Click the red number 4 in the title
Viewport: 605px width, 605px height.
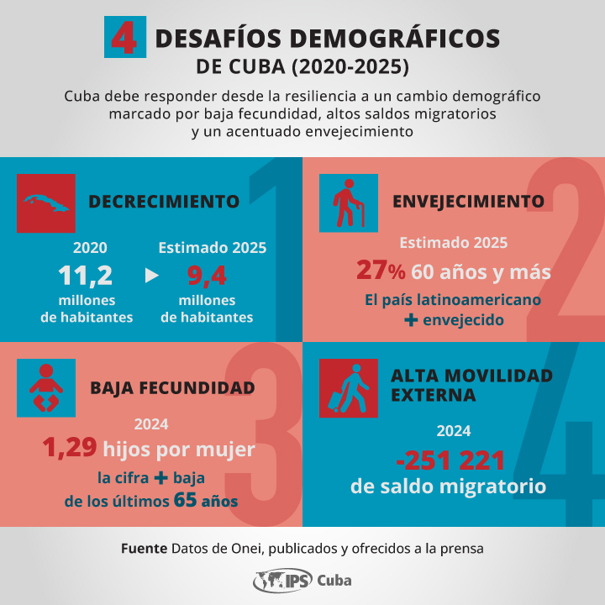coord(124,38)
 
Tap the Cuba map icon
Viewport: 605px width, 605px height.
coord(46,203)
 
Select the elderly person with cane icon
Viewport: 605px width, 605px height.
coord(349,203)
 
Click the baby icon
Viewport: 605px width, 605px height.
coord(46,387)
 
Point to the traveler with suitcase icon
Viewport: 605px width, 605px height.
coord(349,388)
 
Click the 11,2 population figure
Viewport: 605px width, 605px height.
coord(85,276)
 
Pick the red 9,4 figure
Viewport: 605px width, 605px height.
coord(207,276)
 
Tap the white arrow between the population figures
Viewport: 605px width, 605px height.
coord(151,276)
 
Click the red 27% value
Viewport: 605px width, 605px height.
coord(381,270)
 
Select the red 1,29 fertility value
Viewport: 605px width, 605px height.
coord(70,448)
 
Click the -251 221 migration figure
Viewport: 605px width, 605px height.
coord(450,460)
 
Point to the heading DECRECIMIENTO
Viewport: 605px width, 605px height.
coord(164,202)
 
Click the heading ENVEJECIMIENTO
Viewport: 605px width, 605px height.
coord(468,202)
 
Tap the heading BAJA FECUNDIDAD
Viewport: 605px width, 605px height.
coord(172,388)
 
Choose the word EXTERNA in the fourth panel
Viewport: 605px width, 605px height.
coord(434,395)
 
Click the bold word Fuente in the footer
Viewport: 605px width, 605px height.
coord(144,548)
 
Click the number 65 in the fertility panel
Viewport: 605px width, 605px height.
coord(185,500)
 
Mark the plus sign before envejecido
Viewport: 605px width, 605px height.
coord(411,319)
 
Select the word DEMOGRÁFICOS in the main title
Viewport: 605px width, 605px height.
coord(394,39)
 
